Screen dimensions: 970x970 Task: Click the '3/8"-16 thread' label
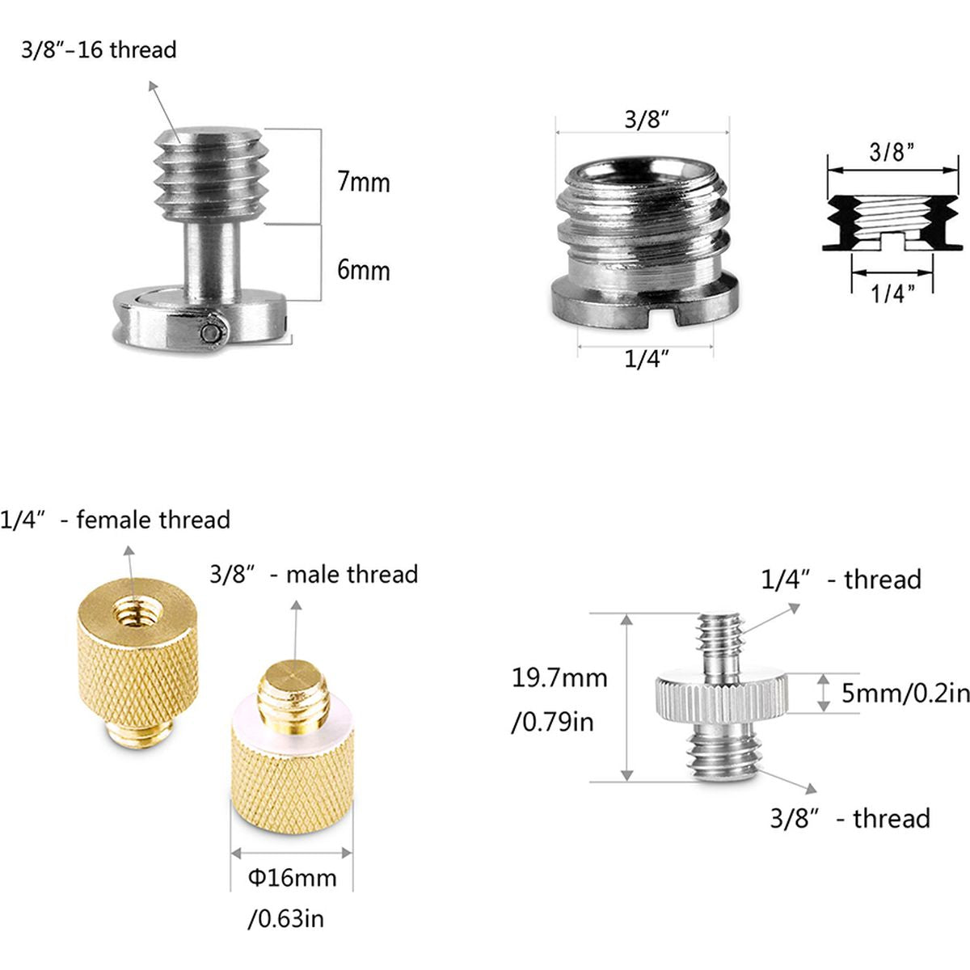click(x=99, y=50)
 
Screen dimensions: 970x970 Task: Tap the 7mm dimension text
click(x=363, y=182)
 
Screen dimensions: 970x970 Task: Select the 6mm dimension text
click(x=363, y=270)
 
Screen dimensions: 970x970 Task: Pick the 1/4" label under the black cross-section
click(x=892, y=293)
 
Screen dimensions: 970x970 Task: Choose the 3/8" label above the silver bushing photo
click(x=647, y=120)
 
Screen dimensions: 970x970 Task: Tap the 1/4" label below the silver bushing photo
click(x=647, y=358)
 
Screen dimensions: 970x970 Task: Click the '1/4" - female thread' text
click(x=116, y=520)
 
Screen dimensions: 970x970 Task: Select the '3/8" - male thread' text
click(x=314, y=575)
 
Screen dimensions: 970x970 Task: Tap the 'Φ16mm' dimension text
click(x=292, y=877)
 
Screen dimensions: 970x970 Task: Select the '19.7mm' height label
click(x=559, y=677)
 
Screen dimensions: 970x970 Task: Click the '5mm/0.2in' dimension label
click(x=904, y=693)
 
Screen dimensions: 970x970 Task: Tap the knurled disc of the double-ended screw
click(x=721, y=694)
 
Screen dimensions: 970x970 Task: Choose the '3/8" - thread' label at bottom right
click(x=850, y=818)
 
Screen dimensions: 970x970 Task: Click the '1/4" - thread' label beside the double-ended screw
click(x=841, y=580)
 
